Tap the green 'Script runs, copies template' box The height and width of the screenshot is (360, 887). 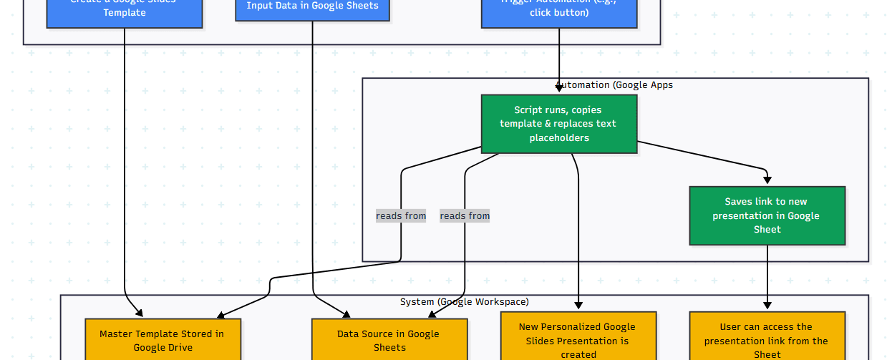pyautogui.click(x=558, y=124)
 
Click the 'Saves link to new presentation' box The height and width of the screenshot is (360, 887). pyautogui.click(x=767, y=215)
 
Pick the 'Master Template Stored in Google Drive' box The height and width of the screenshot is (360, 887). pyautogui.click(x=163, y=340)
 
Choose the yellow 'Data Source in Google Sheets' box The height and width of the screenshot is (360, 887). pyautogui.click(x=389, y=340)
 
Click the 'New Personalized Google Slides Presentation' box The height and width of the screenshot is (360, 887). pyautogui.click(x=578, y=337)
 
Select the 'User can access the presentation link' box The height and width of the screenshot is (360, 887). pyautogui.click(x=767, y=337)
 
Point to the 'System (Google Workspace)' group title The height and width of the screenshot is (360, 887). pyautogui.click(x=464, y=302)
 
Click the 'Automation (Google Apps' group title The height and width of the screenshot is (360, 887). pyautogui.click(x=614, y=85)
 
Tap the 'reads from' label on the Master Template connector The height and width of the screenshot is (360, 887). pyautogui.click(x=401, y=216)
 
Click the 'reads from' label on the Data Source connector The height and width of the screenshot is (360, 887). pyautogui.click(x=465, y=216)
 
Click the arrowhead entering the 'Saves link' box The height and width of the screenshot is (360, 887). pyautogui.click(x=767, y=182)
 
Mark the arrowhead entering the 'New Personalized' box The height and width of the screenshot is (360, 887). pyautogui.click(x=578, y=306)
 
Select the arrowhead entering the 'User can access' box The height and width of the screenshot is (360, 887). pyautogui.click(x=767, y=306)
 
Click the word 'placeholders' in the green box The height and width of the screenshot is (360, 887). pyautogui.click(x=559, y=138)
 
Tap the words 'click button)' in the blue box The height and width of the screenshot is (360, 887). pyautogui.click(x=559, y=13)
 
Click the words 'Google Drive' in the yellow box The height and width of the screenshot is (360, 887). pyautogui.click(x=163, y=348)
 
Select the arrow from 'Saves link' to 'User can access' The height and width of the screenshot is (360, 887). pyautogui.click(x=767, y=276)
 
